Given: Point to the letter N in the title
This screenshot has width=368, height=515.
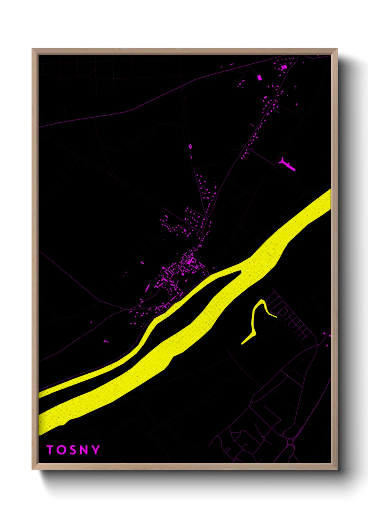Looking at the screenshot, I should (83, 450).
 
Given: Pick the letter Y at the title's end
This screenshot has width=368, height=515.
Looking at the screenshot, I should (95, 450).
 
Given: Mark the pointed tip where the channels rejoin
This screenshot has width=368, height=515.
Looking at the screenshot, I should (241, 271).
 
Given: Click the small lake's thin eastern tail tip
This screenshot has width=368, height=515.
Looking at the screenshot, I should (276, 317).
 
